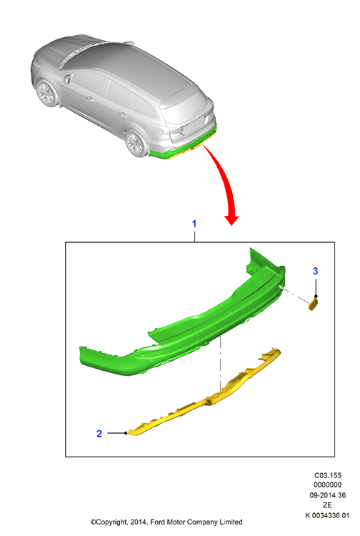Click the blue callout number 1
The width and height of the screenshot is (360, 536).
[194, 224]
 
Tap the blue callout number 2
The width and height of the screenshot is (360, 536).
[99, 434]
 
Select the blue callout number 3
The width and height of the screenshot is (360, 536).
[315, 271]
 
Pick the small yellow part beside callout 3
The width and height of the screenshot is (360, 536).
[314, 304]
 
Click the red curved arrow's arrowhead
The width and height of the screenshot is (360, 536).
[231, 220]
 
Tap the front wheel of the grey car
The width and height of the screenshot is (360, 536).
[46, 92]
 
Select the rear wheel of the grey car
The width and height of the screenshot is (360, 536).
[135, 143]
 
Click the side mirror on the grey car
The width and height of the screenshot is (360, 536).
[66, 79]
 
